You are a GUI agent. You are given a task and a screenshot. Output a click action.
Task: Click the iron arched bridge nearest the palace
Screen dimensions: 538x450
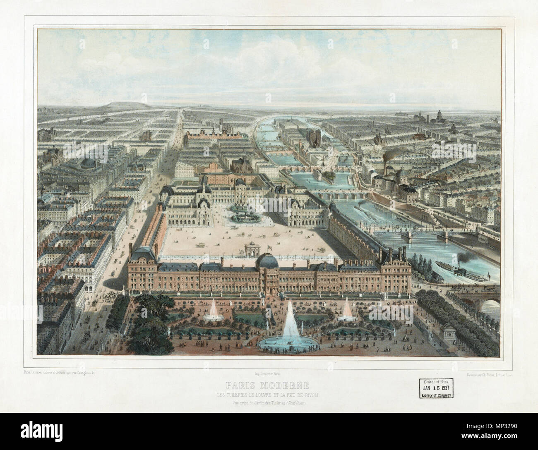coord(410,235)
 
